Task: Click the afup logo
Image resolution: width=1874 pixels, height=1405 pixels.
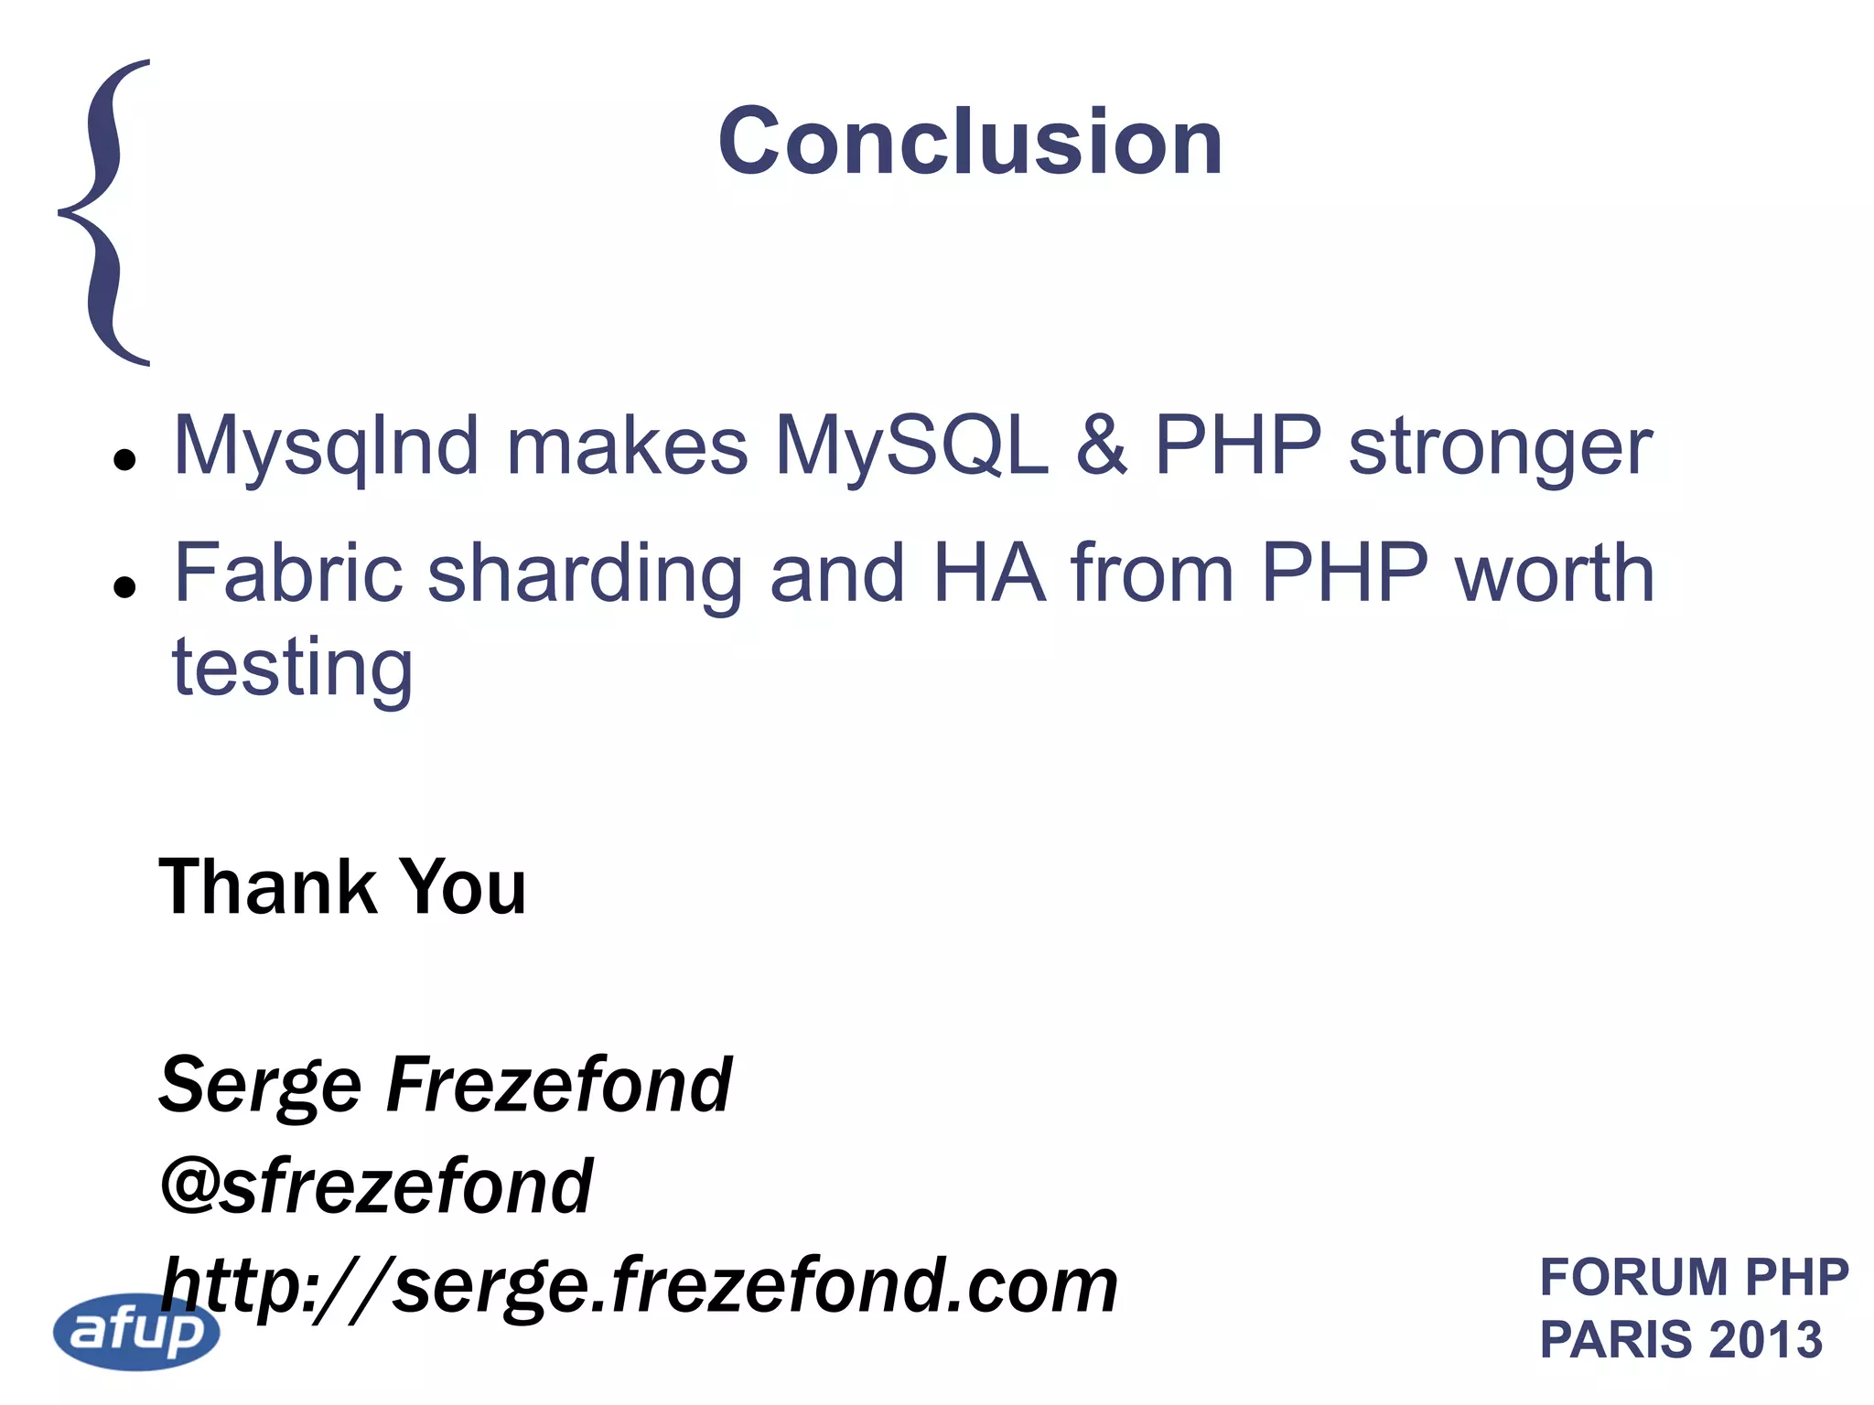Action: pos(137,1331)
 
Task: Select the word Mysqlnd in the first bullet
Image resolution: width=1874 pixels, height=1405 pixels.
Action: pos(326,446)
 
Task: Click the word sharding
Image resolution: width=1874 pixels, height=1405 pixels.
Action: pos(586,574)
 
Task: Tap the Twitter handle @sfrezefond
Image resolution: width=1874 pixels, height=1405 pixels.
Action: pos(376,1185)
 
